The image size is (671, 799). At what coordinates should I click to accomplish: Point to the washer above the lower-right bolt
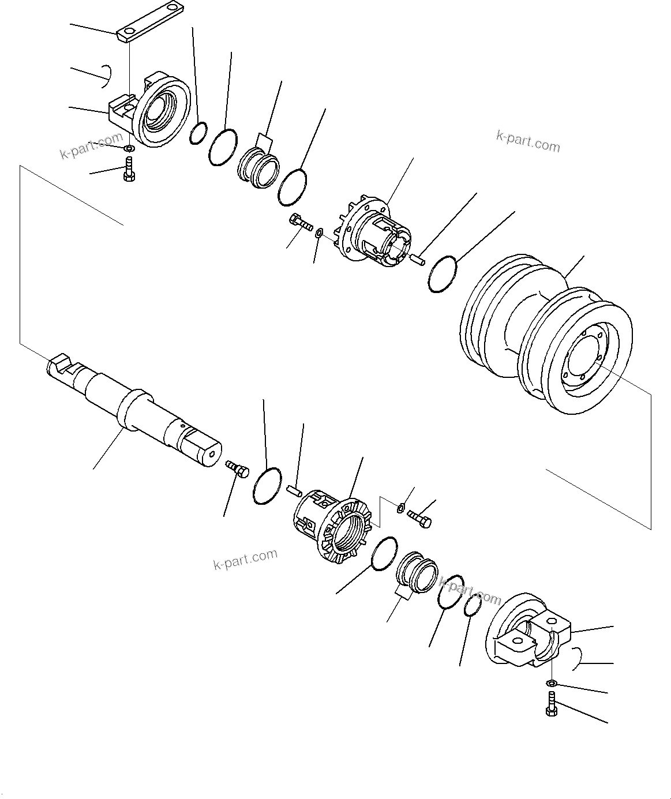point(551,684)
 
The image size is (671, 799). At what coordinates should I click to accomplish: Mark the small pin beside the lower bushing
point(294,490)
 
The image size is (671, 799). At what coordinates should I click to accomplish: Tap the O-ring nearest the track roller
point(443,274)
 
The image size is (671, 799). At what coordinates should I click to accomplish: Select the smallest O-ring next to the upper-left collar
point(198,132)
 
